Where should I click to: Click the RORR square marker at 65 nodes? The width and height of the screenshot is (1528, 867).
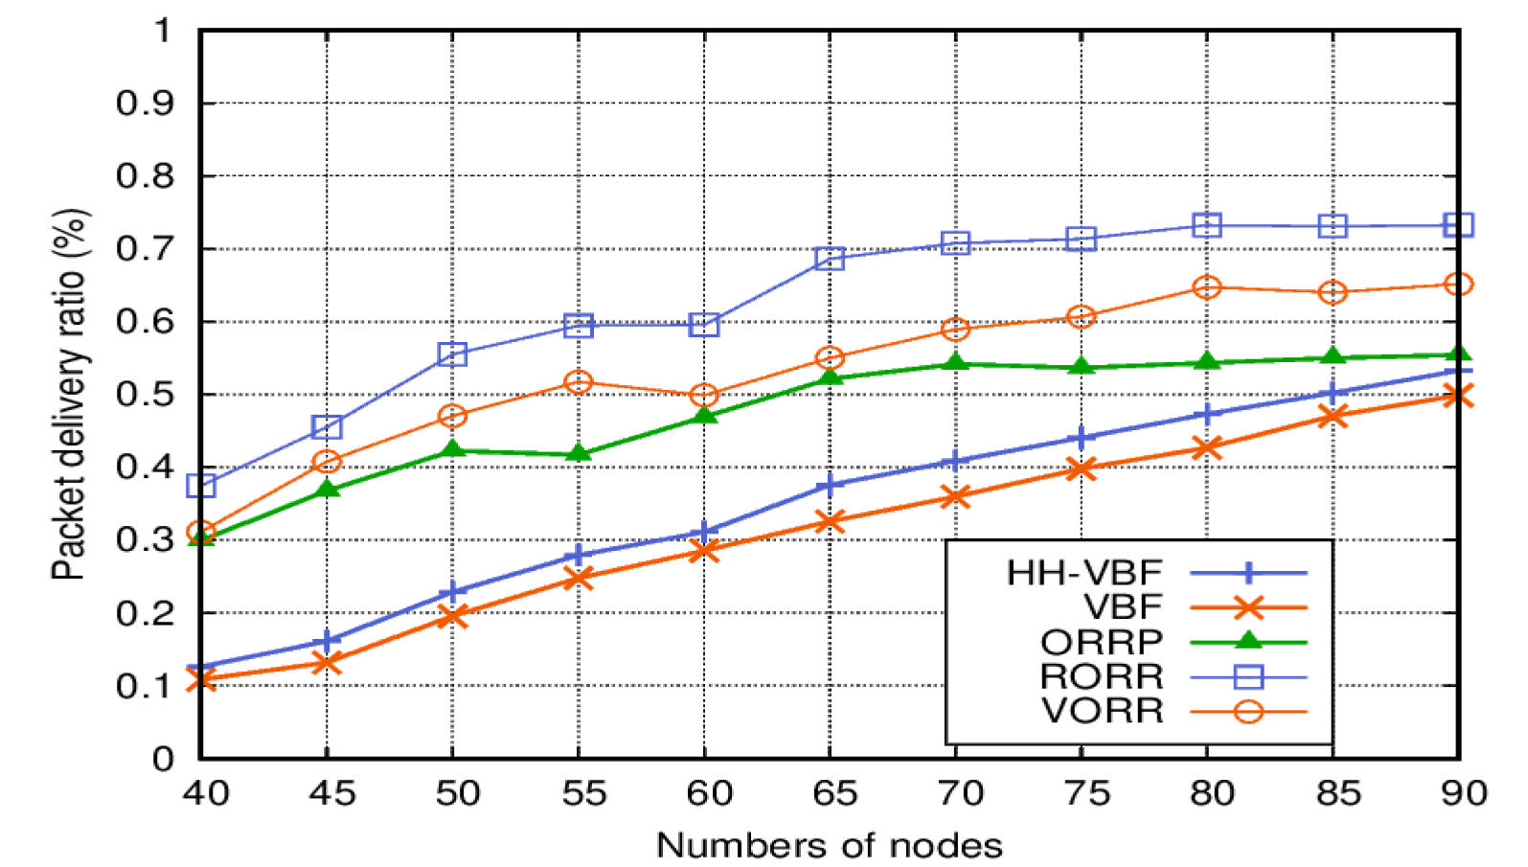[830, 258]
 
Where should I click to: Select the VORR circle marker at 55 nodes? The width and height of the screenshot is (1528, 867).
[578, 381]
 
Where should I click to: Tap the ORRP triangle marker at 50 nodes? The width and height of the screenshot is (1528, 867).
[452, 449]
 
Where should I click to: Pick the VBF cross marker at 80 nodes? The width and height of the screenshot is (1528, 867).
[1207, 447]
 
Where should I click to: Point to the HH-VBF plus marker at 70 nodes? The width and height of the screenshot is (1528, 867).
[955, 462]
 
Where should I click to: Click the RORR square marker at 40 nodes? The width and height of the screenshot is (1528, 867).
[201, 485]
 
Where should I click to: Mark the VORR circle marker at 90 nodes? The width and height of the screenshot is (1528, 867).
[1458, 285]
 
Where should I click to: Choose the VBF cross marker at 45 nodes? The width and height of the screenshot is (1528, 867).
[327, 662]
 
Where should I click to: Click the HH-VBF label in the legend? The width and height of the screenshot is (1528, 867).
[1083, 573]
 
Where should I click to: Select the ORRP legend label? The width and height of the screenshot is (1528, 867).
[1102, 642]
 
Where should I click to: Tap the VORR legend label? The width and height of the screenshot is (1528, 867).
[1102, 711]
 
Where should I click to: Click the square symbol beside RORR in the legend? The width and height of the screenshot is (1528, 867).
[1248, 676]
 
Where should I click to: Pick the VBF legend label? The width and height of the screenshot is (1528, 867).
[1123, 607]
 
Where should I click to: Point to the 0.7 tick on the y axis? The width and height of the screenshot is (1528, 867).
[144, 248]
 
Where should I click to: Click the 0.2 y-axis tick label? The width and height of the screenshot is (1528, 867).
[144, 612]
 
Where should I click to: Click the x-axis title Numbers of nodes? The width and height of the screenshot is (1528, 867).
[830, 845]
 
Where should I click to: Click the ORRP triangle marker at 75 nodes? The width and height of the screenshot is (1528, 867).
[1081, 366]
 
